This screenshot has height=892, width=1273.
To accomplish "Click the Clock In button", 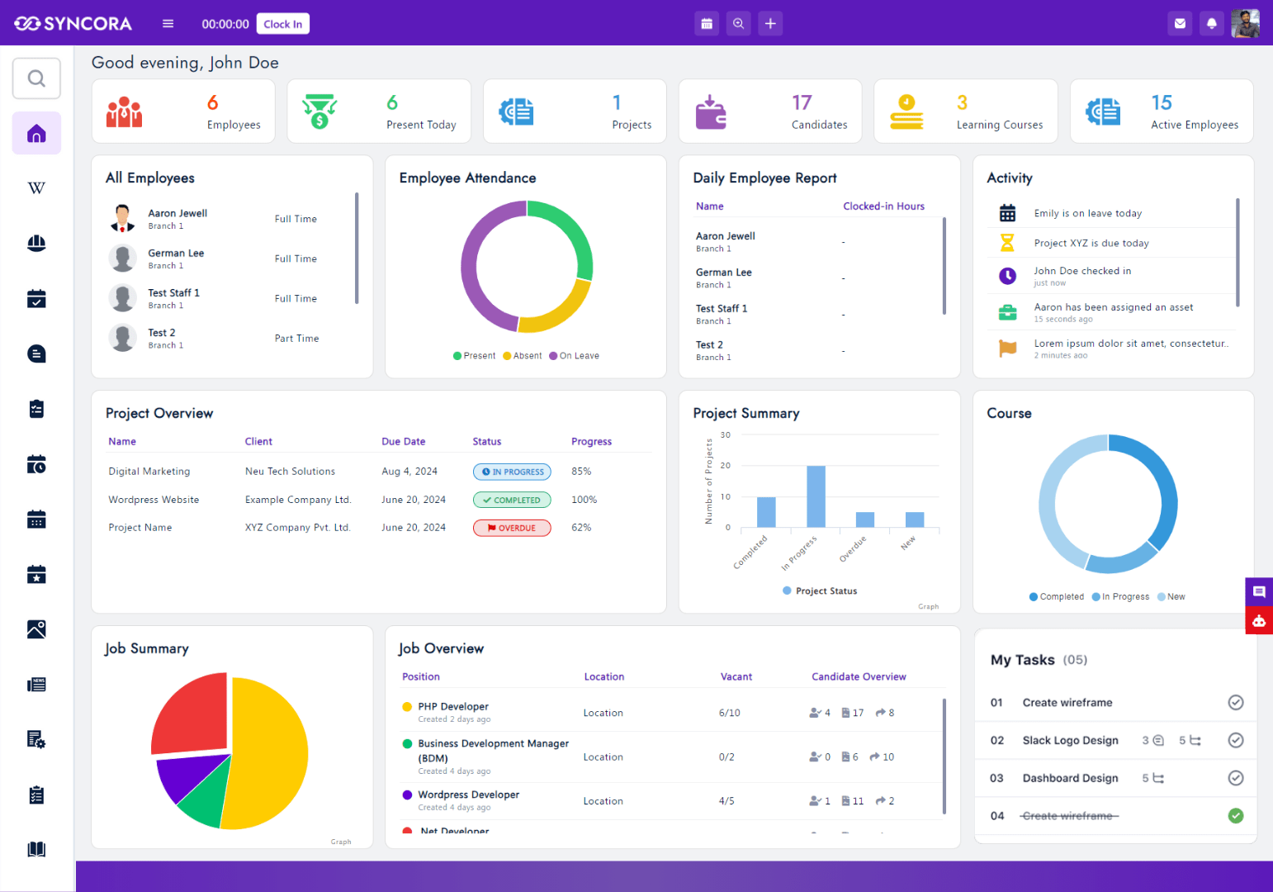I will point(282,24).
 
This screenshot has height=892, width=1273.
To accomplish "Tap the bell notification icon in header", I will point(1211,24).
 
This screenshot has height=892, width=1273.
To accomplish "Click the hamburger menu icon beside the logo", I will point(168,24).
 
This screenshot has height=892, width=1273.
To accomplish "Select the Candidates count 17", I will point(802,103).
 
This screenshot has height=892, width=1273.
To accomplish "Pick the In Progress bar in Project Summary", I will point(816,496).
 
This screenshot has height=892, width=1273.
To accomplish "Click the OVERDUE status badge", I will point(512,528).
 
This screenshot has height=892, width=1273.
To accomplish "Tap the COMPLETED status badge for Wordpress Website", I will point(512,500).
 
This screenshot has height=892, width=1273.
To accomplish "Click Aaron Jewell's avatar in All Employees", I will point(123,218).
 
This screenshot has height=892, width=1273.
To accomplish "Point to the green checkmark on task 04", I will point(1235,816).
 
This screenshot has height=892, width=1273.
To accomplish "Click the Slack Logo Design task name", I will point(1070,741).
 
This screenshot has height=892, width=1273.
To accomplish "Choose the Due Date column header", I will point(403,442).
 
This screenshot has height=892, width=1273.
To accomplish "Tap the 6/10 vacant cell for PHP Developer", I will point(729,713).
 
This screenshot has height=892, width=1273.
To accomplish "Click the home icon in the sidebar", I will point(36,134).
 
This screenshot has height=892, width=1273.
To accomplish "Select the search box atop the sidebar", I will point(36,78).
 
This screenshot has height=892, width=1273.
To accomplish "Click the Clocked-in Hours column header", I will point(883,206).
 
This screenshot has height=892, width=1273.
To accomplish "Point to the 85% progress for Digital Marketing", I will point(581,472).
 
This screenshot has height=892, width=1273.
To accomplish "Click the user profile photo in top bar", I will point(1245,24).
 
